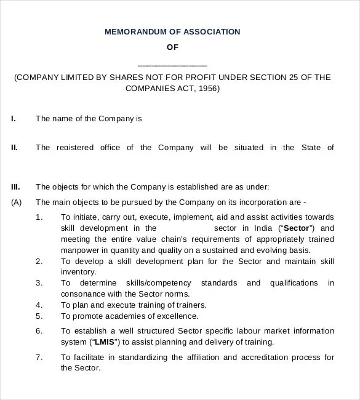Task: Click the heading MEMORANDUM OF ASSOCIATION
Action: (172, 31)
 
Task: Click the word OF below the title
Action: (172, 47)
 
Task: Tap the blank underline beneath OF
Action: (172, 65)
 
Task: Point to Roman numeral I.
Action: (14, 119)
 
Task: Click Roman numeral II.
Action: (14, 148)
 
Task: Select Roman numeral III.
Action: (15, 186)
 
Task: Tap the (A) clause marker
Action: (17, 202)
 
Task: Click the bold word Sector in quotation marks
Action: (296, 228)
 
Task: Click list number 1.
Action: (39, 217)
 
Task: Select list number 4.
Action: (39, 305)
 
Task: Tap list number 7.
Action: (39, 357)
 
